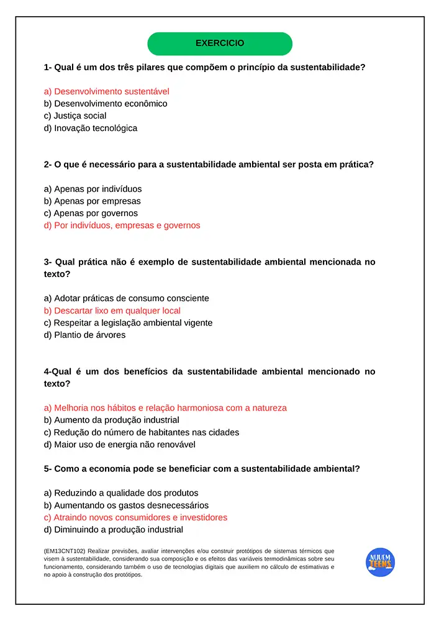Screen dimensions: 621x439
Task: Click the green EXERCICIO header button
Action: [220, 43]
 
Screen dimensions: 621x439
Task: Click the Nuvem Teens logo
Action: [380, 562]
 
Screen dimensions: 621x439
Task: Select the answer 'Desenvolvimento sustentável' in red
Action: [107, 91]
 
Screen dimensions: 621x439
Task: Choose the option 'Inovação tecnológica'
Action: [91, 128]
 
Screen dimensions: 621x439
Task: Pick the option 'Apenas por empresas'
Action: [93, 201]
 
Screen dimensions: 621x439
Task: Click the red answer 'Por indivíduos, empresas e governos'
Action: [122, 225]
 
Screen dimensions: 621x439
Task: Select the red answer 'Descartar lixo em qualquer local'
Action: [112, 310]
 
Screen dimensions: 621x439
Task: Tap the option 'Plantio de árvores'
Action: [85, 335]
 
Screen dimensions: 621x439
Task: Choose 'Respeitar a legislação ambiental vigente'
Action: [129, 323]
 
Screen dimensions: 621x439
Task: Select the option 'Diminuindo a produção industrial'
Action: [114, 530]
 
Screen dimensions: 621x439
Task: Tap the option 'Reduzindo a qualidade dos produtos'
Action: [122, 493]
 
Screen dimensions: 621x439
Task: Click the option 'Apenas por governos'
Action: [91, 213]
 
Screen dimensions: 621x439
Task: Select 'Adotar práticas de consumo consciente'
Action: [127, 298]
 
